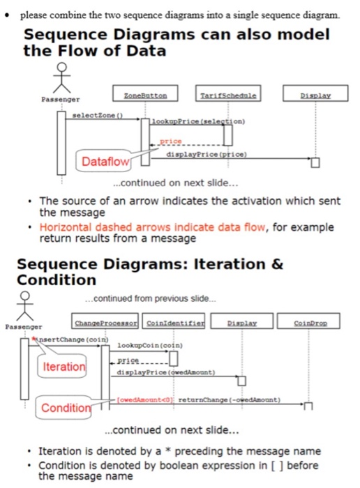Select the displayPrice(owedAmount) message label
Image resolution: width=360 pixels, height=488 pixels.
click(166, 372)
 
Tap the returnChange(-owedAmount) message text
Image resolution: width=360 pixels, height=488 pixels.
click(230, 400)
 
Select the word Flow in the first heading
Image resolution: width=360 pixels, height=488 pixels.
click(90, 51)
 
